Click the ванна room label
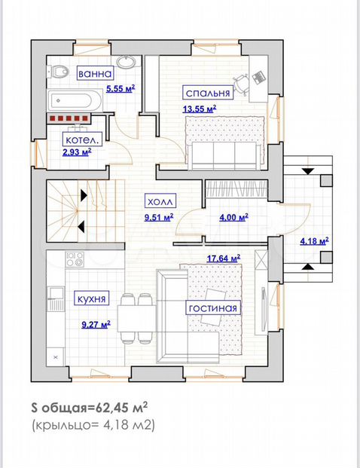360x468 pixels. (96, 73)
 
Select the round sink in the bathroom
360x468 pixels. (126, 62)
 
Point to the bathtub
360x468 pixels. (75, 100)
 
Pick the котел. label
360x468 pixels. (82, 139)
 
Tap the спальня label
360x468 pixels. (208, 93)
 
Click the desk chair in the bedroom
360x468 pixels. (242, 84)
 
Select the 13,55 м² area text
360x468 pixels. (200, 109)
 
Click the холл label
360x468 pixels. (160, 201)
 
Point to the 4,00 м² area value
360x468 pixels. (233, 218)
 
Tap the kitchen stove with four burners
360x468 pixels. (75, 258)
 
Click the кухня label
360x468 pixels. (91, 298)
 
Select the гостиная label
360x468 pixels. (213, 307)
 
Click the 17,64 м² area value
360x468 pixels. (224, 258)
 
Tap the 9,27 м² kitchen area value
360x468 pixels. (96, 325)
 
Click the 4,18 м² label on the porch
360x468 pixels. (314, 241)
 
